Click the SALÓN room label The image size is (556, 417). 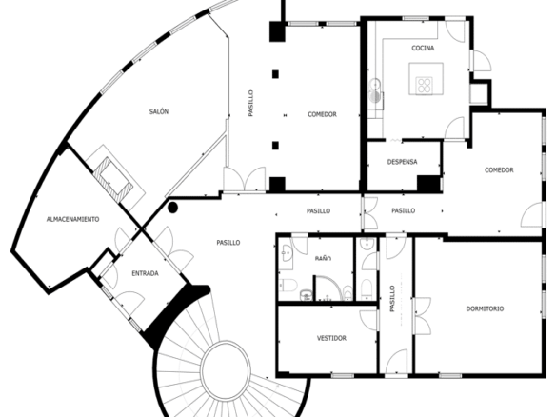point(159,111)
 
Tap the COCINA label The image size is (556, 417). point(423,48)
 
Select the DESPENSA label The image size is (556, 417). point(402,162)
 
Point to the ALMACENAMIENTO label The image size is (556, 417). point(72,219)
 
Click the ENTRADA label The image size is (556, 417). point(145,273)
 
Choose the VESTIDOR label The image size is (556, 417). point(331,338)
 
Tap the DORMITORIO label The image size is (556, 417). point(485,308)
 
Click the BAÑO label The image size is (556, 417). point(323,259)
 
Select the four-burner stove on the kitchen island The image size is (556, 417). point(424,86)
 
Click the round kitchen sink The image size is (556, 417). point(374,85)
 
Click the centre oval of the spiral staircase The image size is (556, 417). point(226,370)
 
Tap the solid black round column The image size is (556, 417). point(172,208)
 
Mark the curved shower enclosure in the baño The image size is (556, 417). point(329,288)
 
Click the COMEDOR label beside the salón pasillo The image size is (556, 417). point(322,114)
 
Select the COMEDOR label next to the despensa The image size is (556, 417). point(499,170)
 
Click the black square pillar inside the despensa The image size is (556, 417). point(428,184)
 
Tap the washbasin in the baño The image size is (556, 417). point(287,254)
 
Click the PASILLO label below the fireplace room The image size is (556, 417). point(228,243)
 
